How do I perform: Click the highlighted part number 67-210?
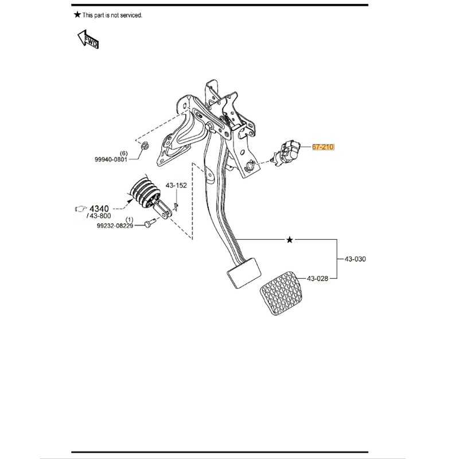[x=323, y=147]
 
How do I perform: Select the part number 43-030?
[x=355, y=259]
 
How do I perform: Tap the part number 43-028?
[x=318, y=279]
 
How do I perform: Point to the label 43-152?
[x=176, y=185]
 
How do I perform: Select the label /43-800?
[x=98, y=216]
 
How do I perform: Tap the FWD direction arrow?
[x=88, y=39]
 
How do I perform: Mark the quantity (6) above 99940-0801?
[x=123, y=154]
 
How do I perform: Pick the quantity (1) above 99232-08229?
[x=129, y=220]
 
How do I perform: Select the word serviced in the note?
[x=130, y=15]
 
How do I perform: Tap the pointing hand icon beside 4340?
[x=80, y=208]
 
